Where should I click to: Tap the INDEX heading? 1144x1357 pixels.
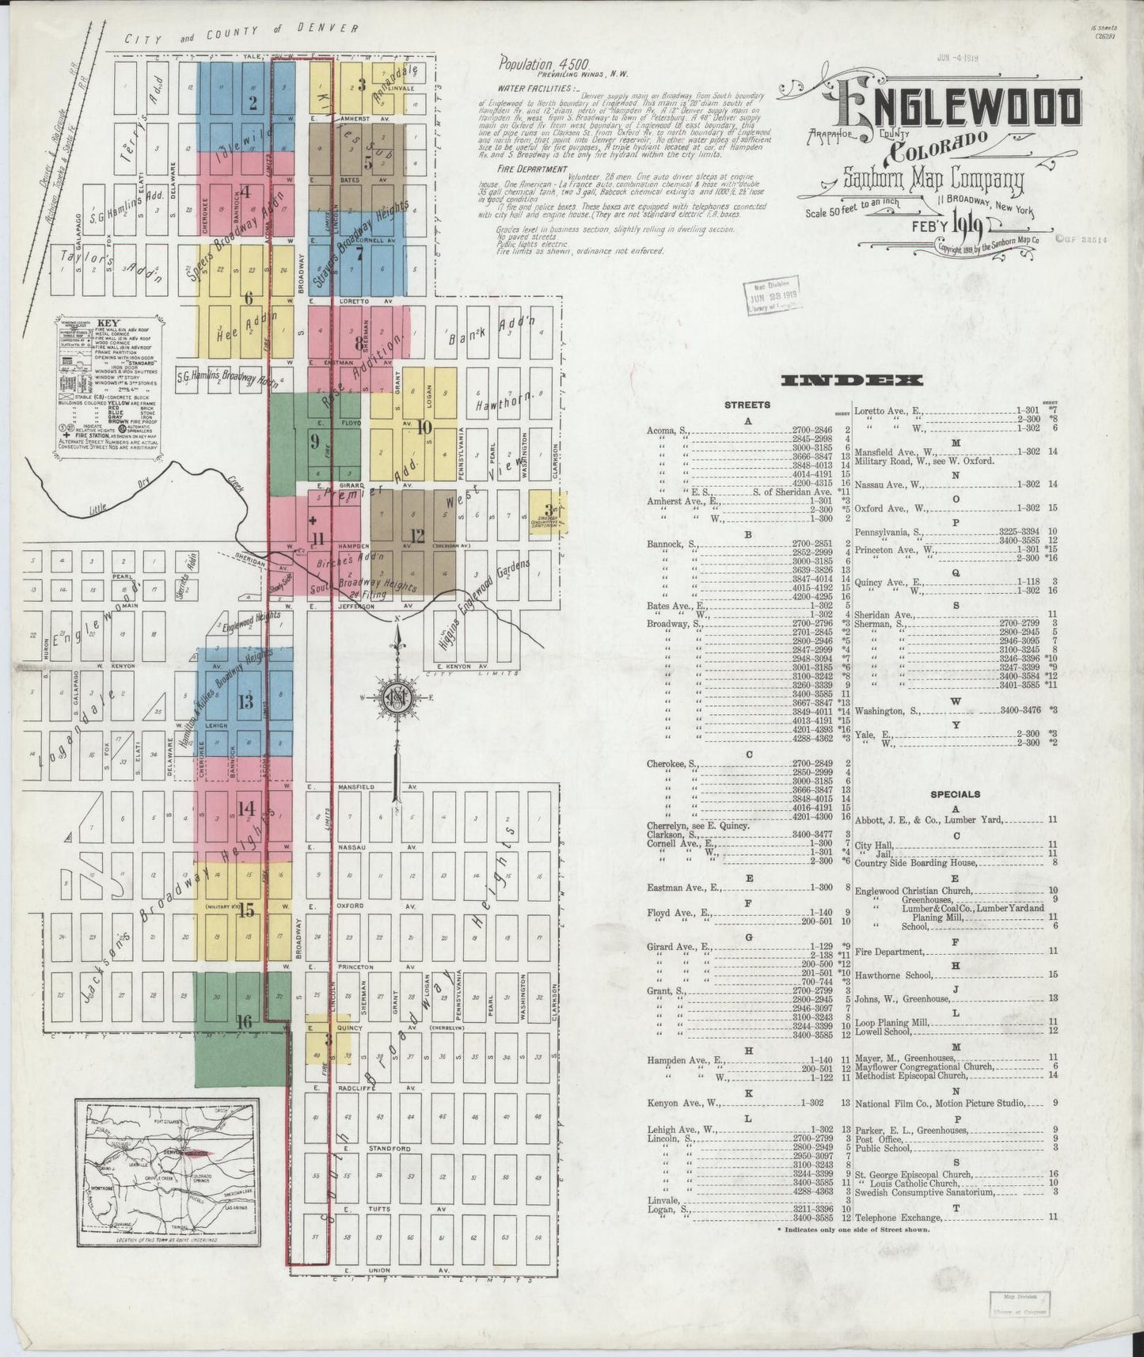pos(851,381)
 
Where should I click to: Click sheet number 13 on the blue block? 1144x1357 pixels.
pos(245,701)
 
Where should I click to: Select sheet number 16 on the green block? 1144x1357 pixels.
pos(244,1021)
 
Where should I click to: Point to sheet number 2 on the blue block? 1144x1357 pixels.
pos(253,102)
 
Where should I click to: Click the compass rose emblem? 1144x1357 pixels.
pos(399,698)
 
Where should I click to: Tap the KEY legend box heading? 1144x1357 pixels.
pos(104,324)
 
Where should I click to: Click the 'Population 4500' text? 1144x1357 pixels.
pos(544,62)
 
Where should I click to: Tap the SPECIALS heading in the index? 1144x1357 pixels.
pos(955,793)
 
